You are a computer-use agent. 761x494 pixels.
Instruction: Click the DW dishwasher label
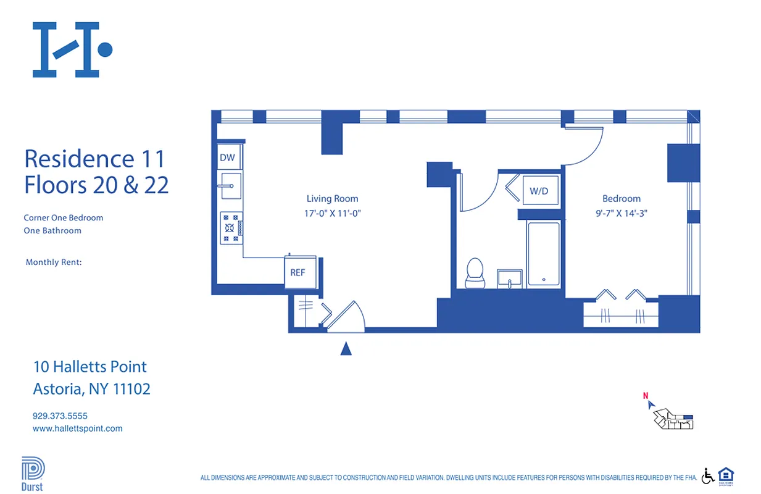click(x=227, y=157)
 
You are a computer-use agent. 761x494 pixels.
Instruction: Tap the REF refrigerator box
click(x=297, y=272)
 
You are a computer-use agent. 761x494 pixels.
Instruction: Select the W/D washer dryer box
click(x=539, y=191)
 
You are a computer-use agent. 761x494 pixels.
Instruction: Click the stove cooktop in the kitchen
click(x=231, y=228)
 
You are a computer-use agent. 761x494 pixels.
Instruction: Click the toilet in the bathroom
click(x=475, y=272)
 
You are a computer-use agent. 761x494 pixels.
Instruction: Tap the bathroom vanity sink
click(x=510, y=278)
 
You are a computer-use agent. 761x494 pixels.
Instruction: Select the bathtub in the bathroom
click(x=543, y=254)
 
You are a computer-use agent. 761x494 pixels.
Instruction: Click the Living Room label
click(x=332, y=199)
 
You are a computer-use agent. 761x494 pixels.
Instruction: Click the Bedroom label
click(x=621, y=199)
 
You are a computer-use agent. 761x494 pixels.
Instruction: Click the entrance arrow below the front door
click(x=346, y=350)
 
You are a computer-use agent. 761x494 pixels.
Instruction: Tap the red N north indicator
click(x=646, y=396)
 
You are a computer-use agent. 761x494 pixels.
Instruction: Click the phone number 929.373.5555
click(x=60, y=416)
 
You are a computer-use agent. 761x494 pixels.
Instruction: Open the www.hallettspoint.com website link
click(x=77, y=428)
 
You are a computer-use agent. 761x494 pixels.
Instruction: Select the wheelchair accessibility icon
click(x=708, y=475)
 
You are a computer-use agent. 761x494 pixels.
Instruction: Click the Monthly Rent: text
click(x=54, y=262)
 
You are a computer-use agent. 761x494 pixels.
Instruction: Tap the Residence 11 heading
click(x=94, y=159)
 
